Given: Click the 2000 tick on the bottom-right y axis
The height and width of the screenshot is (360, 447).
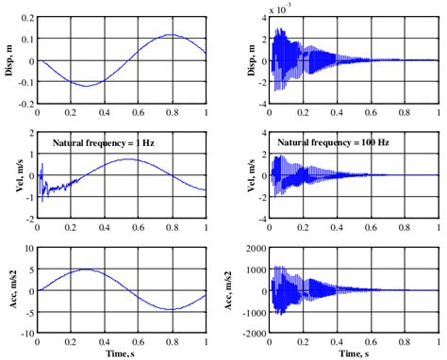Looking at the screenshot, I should coord(257,249).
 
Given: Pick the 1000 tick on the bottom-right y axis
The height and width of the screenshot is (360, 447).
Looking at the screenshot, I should coord(257,270).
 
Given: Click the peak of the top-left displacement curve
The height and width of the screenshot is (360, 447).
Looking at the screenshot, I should coord(168,36).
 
